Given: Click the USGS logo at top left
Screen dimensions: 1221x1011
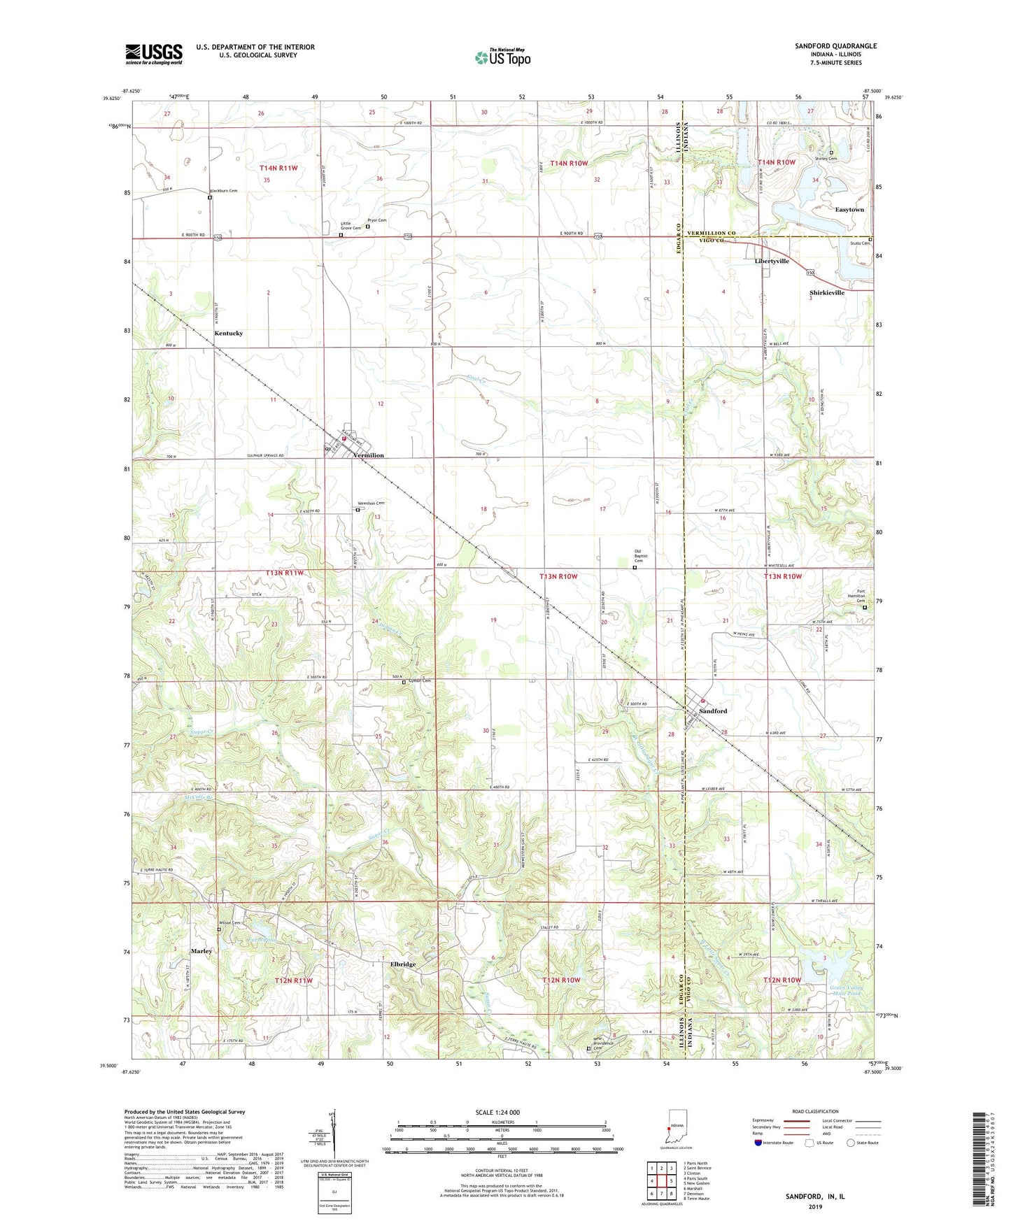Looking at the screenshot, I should coord(154,54).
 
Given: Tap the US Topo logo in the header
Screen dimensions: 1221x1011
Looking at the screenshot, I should coord(502,57).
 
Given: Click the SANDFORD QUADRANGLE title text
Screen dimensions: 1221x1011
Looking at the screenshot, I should coord(835,46).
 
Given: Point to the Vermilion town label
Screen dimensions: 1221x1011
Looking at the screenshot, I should coord(369,455).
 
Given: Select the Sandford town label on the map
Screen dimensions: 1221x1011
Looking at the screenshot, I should coord(714,711).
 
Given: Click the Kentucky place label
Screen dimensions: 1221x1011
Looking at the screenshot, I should coord(229,334).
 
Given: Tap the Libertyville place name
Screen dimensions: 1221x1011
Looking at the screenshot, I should coord(772,261).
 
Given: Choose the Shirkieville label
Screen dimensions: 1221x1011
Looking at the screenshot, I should coord(827,293).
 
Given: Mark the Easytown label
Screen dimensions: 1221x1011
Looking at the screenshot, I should coord(849,210).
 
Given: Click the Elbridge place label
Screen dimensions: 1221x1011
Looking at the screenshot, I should coord(403,964).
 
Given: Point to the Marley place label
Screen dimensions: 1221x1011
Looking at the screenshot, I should coord(202,951).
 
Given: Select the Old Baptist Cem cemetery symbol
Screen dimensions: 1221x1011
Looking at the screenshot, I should coord(635,568).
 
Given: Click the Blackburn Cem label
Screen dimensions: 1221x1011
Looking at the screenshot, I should coord(224,190).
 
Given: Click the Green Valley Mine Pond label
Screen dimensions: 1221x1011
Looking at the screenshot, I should coord(846,990).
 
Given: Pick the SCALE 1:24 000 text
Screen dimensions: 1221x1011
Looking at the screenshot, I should coord(497,1113).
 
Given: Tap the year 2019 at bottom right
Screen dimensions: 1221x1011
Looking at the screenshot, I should coord(815,1206).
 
